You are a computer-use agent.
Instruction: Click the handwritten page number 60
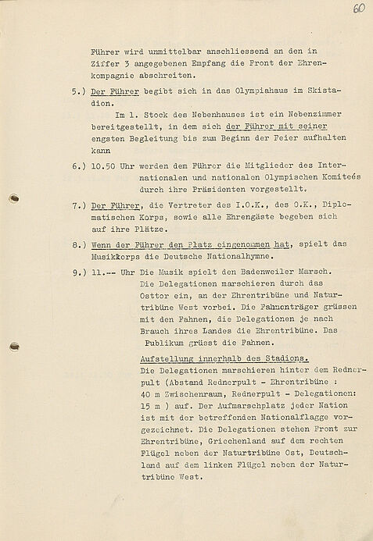[x=359, y=9]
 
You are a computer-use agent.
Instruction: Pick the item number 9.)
[x=77, y=293]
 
